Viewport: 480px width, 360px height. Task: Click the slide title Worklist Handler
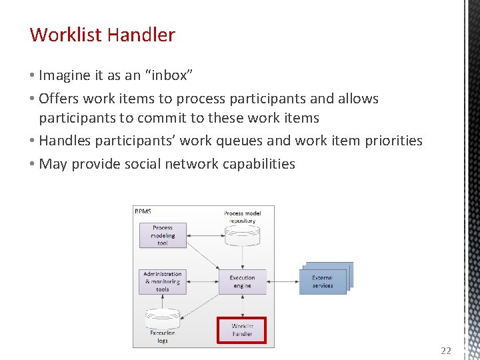tap(103, 35)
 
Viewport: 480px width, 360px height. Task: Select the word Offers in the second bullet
tap(59, 99)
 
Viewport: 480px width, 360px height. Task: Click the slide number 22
tap(446, 351)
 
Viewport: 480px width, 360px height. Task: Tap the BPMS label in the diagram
tap(143, 211)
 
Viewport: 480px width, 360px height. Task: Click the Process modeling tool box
tap(163, 235)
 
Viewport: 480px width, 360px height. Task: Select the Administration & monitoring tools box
tap(163, 281)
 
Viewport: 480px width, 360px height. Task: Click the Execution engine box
tap(242, 281)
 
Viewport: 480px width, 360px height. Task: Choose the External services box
tap(324, 281)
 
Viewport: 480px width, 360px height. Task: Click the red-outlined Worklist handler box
tap(242, 330)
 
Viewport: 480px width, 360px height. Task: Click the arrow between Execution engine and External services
tap(283, 281)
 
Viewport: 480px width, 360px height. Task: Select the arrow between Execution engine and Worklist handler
tap(242, 305)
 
